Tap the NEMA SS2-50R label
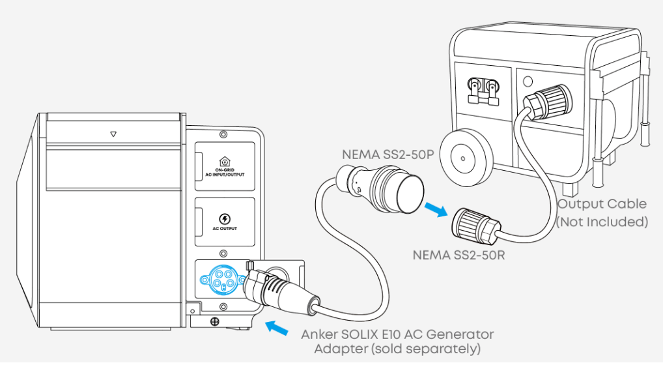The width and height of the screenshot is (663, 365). (x=458, y=254)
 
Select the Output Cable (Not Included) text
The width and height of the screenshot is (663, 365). (x=602, y=212)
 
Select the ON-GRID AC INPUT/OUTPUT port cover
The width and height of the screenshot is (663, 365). (x=224, y=166)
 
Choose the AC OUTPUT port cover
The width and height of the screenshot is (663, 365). (x=224, y=222)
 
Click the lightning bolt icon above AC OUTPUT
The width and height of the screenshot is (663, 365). (x=224, y=218)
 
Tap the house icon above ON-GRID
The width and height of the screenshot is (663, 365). (x=224, y=161)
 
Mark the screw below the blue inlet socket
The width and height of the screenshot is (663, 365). (x=214, y=321)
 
